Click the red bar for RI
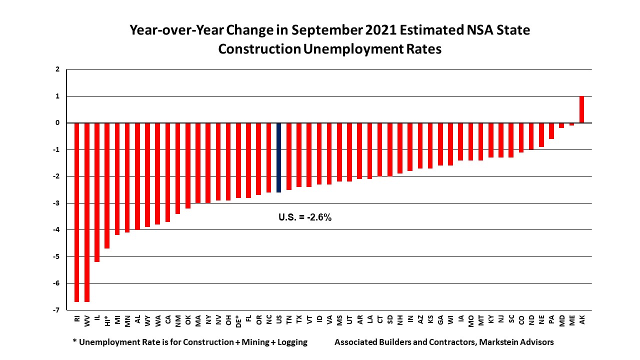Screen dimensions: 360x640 pyautogui.click(x=77, y=212)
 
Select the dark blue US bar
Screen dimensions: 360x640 pyautogui.click(x=279, y=157)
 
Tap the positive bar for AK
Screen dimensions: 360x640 pyautogui.click(x=582, y=109)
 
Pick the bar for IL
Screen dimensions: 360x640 pyautogui.click(x=97, y=192)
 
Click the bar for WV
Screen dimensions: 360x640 pyautogui.click(x=87, y=212)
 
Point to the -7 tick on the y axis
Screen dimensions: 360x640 pyautogui.click(x=57, y=310)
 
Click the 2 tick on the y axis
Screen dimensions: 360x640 pyautogui.click(x=57, y=69)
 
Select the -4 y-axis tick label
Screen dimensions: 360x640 pyautogui.click(x=57, y=230)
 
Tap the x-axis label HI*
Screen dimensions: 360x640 pyautogui.click(x=107, y=320)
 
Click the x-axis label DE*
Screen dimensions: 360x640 pyautogui.click(x=238, y=320)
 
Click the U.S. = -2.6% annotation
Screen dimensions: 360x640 pyautogui.click(x=305, y=217)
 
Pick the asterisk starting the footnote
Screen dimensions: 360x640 pyautogui.click(x=74, y=342)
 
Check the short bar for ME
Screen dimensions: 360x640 pyautogui.click(x=571, y=124)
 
